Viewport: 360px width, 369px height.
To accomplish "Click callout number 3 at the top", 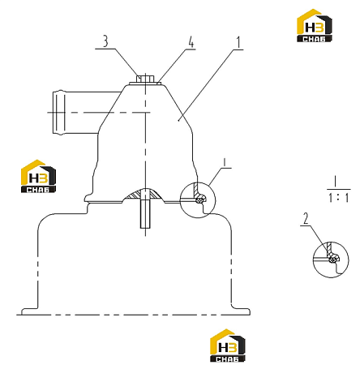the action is click(105, 41).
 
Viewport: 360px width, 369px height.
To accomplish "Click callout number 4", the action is click(191, 42).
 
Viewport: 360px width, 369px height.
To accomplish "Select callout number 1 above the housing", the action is click(238, 43).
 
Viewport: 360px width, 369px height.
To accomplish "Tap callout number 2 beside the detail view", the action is click(306, 219).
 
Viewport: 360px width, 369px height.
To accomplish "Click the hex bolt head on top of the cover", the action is click(145, 79).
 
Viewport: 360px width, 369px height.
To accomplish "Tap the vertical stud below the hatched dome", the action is click(145, 214).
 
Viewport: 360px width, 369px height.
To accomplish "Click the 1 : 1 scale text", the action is click(339, 197).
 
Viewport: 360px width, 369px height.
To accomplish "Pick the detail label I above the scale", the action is click(336, 182).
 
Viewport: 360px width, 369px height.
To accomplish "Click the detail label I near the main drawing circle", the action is click(224, 162).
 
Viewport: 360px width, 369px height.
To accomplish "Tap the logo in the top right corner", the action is click(315, 25).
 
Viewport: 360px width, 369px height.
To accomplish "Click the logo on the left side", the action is click(38, 176).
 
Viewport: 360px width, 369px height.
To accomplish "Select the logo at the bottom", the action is click(228, 345).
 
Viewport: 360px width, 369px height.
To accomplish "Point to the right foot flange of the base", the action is click(241, 311).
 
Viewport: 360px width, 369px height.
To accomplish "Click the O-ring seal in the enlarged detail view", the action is click(333, 260).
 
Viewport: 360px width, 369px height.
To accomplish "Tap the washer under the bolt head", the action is click(145, 84).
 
